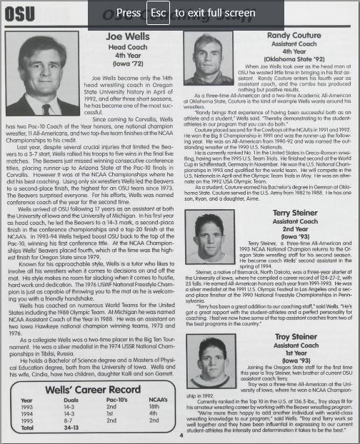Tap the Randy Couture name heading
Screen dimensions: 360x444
click(295, 35)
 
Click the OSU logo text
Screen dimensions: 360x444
click(18, 13)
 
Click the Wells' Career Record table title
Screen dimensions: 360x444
click(92, 390)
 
